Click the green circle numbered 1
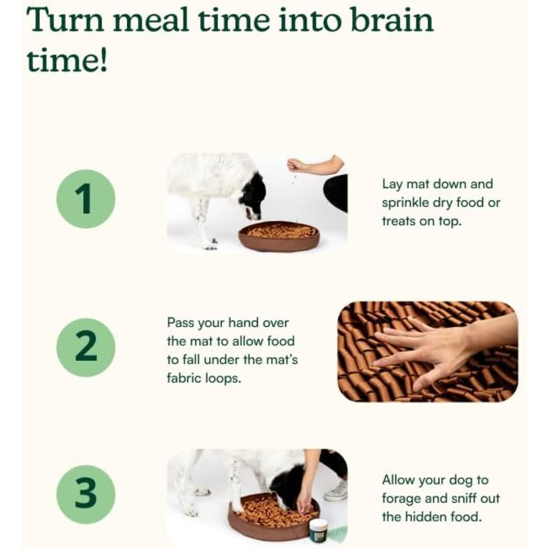85,199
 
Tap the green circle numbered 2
85,347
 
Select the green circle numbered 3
85,494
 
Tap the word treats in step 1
398,221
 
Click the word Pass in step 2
180,322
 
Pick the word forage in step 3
400,499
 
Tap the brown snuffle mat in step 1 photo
279,235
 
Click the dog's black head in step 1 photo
252,196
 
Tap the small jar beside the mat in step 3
318,531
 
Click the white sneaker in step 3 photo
336,490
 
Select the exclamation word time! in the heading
67,60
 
